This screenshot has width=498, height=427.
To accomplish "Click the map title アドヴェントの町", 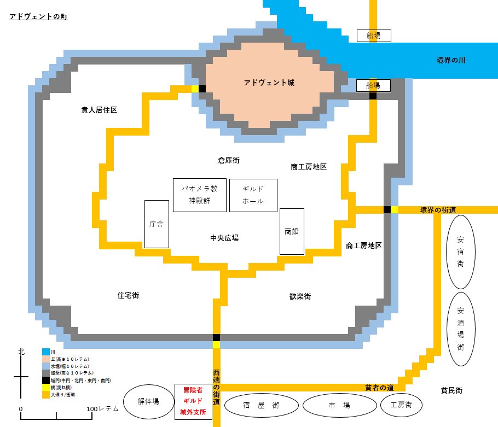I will [x=38, y=17].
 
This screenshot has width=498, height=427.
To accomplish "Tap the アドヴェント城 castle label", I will [x=269, y=83].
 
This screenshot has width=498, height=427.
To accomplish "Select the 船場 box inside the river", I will [x=374, y=36].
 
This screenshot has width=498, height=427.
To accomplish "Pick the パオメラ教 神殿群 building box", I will [x=199, y=195].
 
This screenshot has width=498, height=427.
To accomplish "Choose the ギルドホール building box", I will [x=253, y=195].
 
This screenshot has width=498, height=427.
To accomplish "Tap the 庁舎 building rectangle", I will [x=156, y=224].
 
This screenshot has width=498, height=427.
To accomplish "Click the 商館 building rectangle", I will [x=291, y=231].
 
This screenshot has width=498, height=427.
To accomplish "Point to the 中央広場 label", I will [x=224, y=238].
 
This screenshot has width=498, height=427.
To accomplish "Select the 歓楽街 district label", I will [x=300, y=296].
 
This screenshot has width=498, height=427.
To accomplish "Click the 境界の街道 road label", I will [x=438, y=210].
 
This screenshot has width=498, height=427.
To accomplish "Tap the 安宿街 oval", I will [x=459, y=251].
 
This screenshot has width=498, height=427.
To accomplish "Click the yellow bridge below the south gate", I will [x=217, y=344].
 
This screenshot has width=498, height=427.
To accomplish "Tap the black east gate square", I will [x=387, y=210].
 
